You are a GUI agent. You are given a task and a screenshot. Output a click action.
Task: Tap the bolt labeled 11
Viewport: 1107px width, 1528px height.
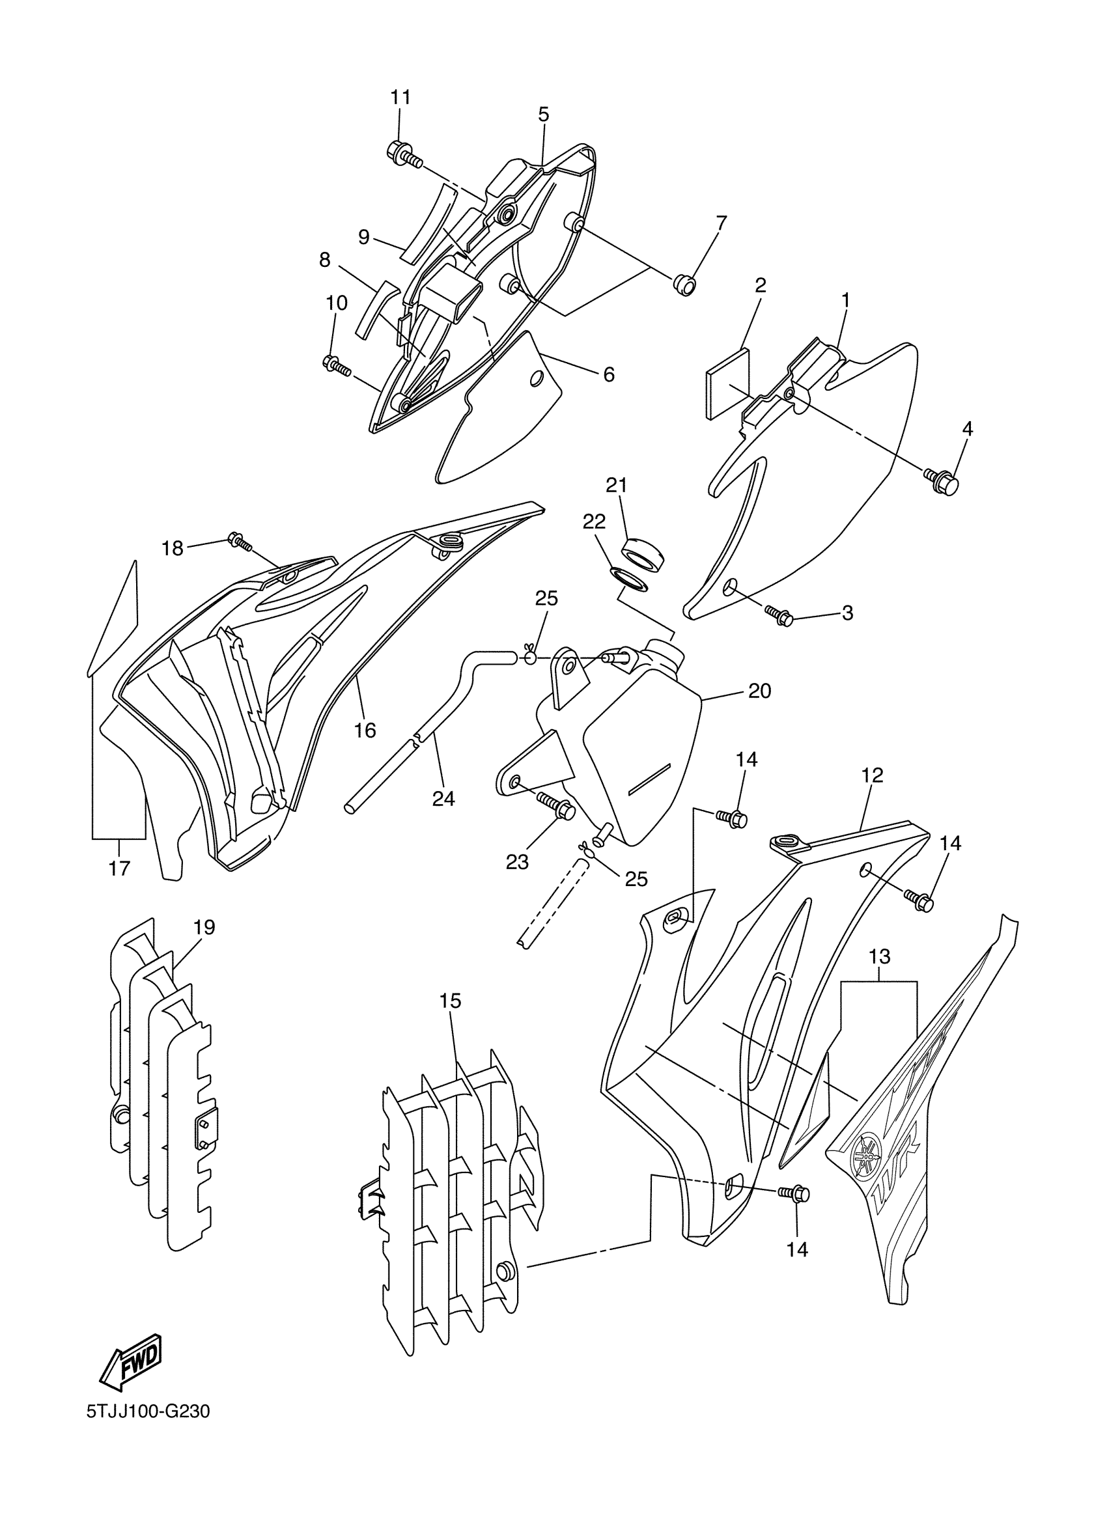404,154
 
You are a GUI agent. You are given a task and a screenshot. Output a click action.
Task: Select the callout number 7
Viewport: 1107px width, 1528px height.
722,223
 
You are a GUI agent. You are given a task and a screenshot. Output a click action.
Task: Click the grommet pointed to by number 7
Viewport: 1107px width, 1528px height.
684,285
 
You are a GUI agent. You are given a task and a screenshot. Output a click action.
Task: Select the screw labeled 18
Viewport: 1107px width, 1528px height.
240,541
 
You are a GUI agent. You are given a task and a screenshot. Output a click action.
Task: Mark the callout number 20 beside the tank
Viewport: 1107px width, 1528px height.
759,691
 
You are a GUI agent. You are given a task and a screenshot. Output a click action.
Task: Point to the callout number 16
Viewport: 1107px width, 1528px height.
365,730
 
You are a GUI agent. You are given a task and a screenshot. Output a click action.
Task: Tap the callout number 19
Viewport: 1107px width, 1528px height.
204,927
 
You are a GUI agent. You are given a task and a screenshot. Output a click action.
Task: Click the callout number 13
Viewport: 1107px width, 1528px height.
880,956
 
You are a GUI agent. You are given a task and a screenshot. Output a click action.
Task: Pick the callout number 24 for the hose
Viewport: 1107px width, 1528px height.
443,798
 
